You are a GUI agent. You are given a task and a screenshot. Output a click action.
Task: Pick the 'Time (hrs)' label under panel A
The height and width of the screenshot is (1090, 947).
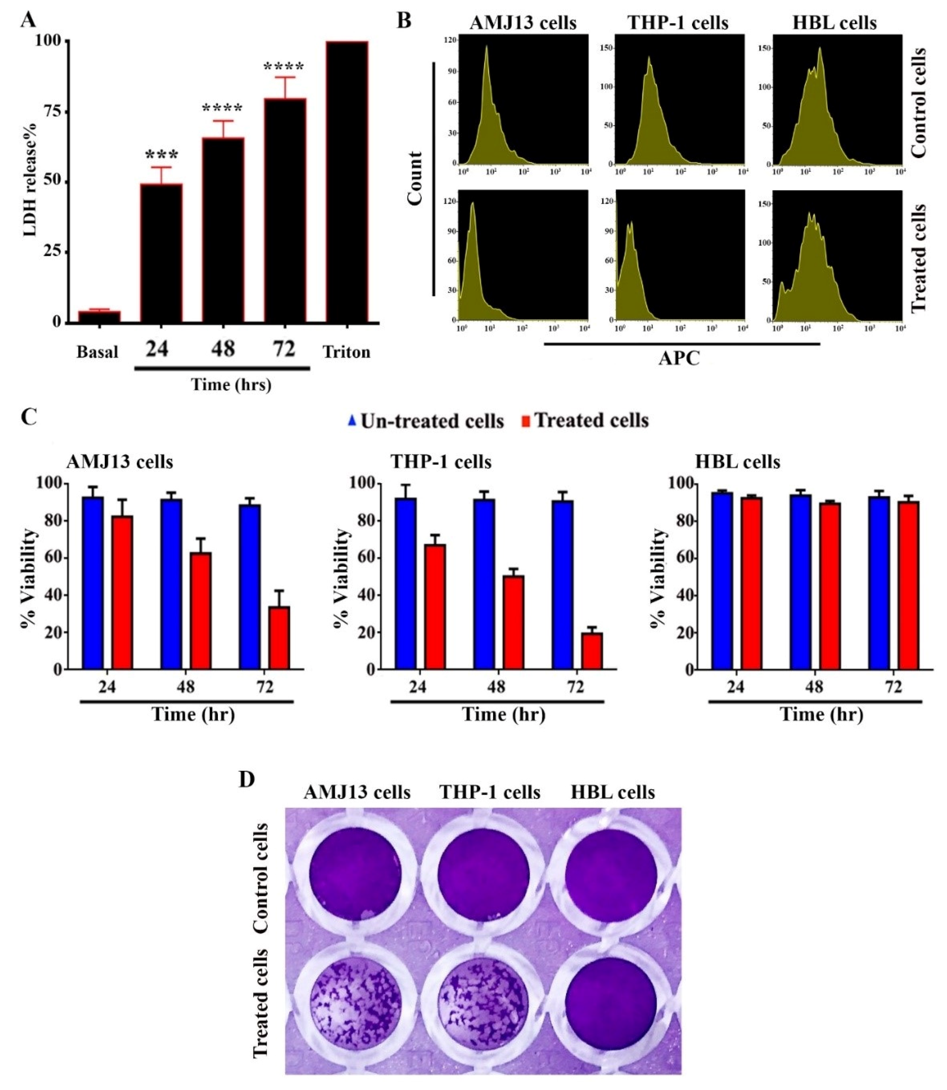click(231, 384)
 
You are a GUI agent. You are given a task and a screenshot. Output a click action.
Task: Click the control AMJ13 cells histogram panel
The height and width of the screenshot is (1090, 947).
click(523, 99)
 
